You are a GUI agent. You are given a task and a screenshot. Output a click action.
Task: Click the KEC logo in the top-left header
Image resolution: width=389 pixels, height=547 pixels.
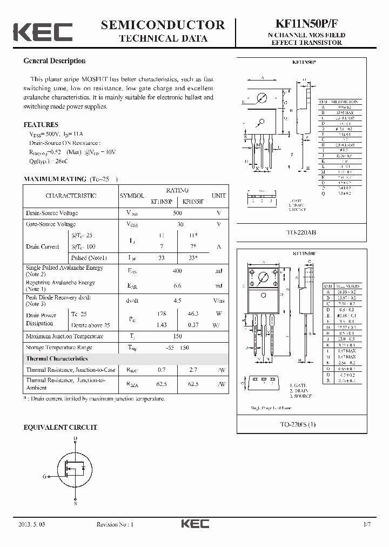43,32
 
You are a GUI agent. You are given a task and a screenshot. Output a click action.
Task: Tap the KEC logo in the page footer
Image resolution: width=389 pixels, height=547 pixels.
194,524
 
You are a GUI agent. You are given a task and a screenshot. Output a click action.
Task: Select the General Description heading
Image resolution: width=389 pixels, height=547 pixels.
54,61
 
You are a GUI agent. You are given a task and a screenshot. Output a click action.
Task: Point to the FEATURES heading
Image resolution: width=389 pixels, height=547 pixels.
41,124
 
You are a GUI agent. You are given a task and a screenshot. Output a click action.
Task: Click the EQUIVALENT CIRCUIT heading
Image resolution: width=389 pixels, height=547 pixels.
60,427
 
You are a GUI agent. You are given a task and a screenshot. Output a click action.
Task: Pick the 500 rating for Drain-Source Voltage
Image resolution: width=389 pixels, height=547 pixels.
177,214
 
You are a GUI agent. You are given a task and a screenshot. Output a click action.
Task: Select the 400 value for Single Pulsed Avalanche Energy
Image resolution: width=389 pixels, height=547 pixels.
177,271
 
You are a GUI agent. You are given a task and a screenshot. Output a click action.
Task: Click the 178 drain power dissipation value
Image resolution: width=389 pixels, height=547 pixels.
161,314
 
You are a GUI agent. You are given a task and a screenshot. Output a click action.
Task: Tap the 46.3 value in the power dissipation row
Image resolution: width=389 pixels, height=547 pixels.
192,314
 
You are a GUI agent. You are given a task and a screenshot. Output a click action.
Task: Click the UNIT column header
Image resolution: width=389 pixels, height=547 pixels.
218,196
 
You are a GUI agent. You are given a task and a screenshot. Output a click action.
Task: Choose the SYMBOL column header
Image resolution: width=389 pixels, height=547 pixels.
132,196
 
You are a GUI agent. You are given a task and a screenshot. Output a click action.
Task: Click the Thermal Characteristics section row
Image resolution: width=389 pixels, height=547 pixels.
57,358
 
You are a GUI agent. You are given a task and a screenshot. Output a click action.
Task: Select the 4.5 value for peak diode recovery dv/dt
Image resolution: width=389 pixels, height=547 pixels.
177,300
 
